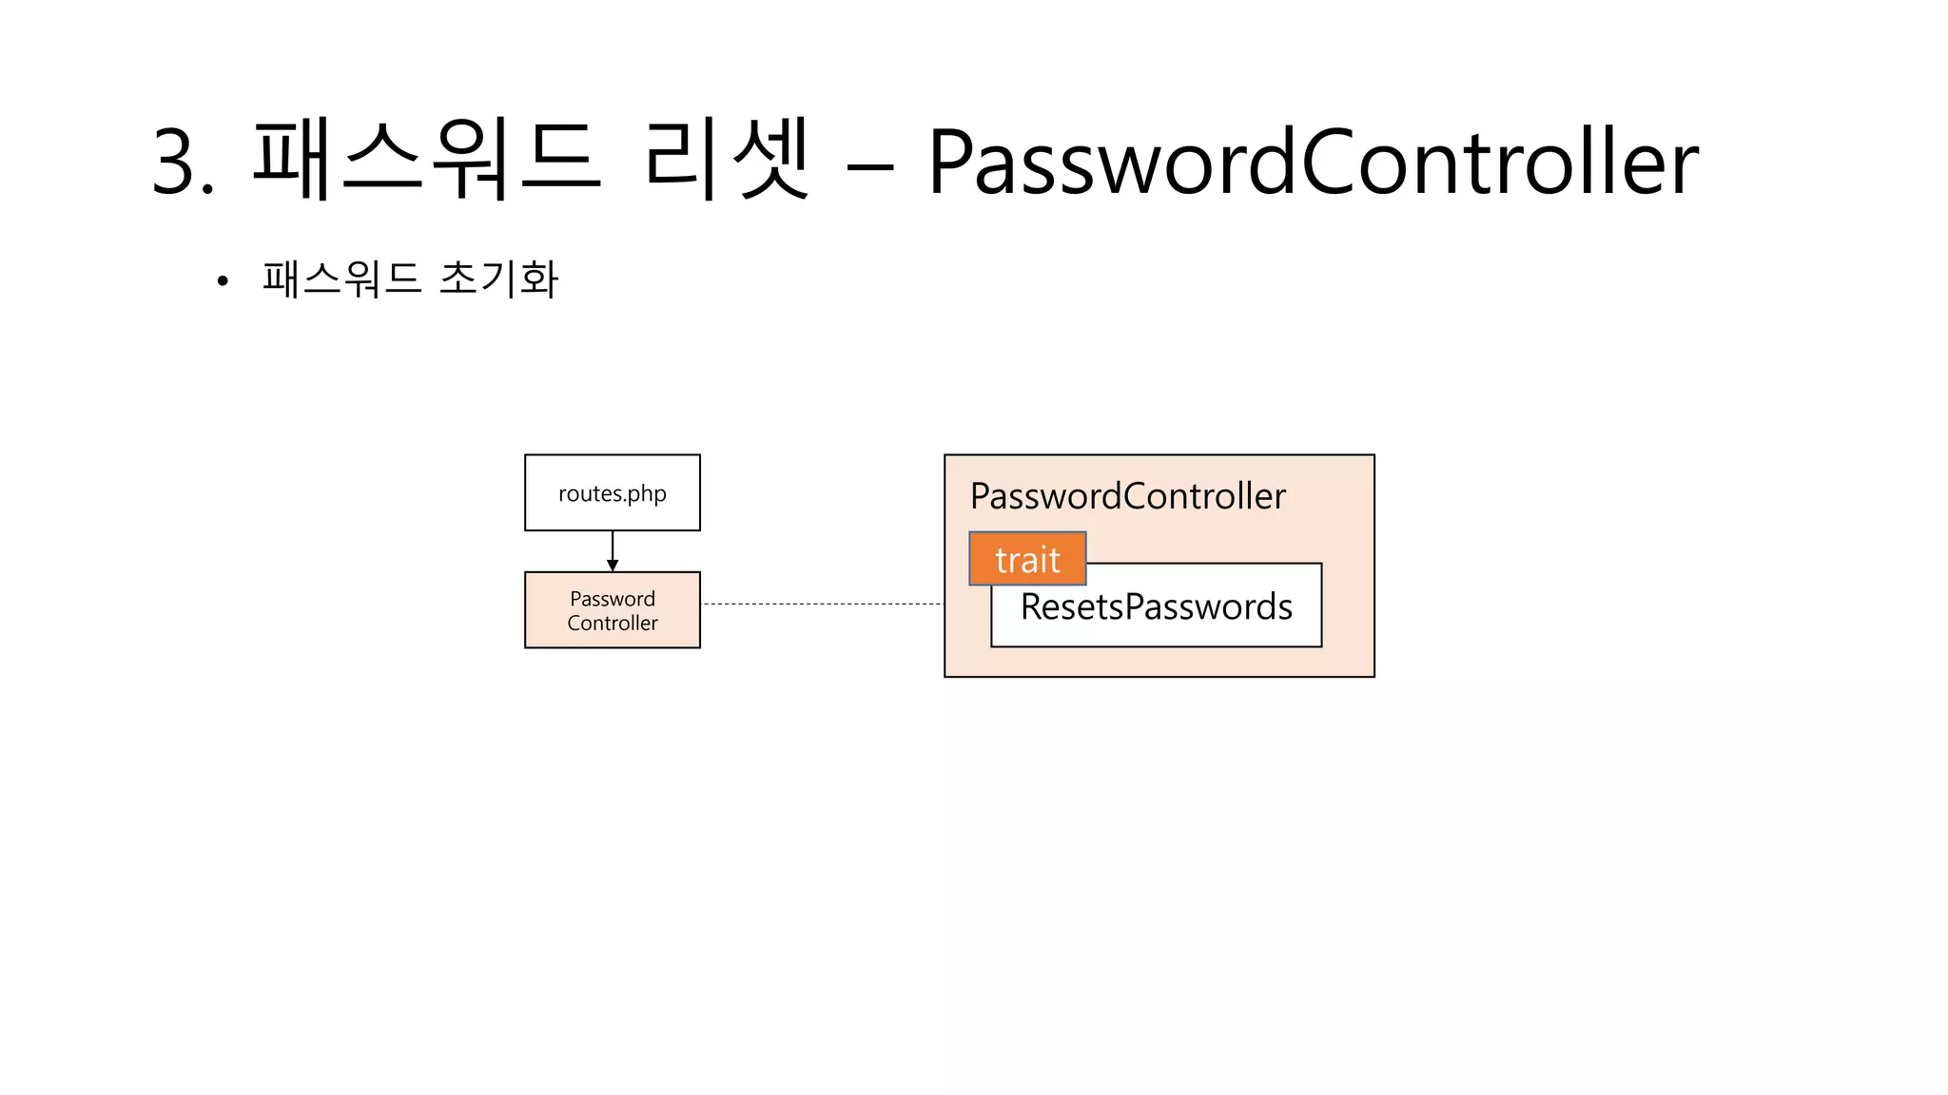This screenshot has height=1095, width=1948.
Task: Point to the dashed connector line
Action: pyautogui.click(x=822, y=604)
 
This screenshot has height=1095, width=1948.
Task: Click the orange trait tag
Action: pyautogui.click(x=1027, y=559)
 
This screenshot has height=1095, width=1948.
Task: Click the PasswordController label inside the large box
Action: pyautogui.click(x=1127, y=496)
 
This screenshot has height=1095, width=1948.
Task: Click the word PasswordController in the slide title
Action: pyautogui.click(x=1313, y=163)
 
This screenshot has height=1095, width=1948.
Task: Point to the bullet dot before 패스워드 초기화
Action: pyautogui.click(x=223, y=280)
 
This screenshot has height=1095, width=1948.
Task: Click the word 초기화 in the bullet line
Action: pyautogui.click(x=499, y=279)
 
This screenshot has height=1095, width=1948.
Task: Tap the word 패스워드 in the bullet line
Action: pyautogui.click(x=342, y=279)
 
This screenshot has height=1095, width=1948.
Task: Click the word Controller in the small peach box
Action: pyautogui.click(x=612, y=624)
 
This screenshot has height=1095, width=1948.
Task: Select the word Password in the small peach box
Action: pyautogui.click(x=612, y=599)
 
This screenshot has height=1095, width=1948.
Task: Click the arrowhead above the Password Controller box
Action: pyautogui.click(x=612, y=566)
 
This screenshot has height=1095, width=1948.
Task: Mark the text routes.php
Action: pyautogui.click(x=612, y=494)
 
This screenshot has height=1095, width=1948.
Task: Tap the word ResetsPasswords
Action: pyautogui.click(x=1156, y=607)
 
